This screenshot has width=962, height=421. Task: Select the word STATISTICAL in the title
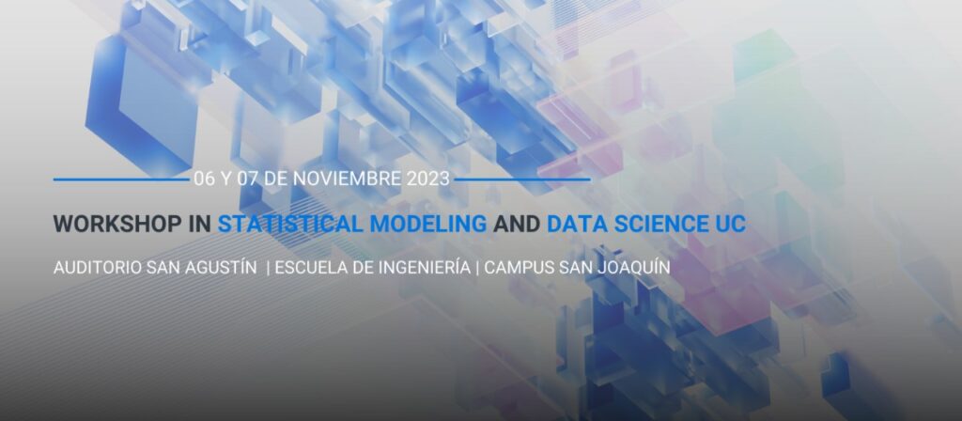click(290, 224)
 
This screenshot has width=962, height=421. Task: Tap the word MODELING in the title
click(428, 224)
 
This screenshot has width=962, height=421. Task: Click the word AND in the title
click(517, 224)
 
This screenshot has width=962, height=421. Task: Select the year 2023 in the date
click(427, 179)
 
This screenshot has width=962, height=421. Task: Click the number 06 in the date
click(204, 179)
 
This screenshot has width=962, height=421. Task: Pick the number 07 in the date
click(248, 179)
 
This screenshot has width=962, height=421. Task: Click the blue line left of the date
click(121, 179)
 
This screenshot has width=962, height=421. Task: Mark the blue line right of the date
click(522, 179)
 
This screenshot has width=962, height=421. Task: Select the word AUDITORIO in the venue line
click(98, 268)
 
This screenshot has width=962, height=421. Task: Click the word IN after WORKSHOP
click(200, 224)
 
